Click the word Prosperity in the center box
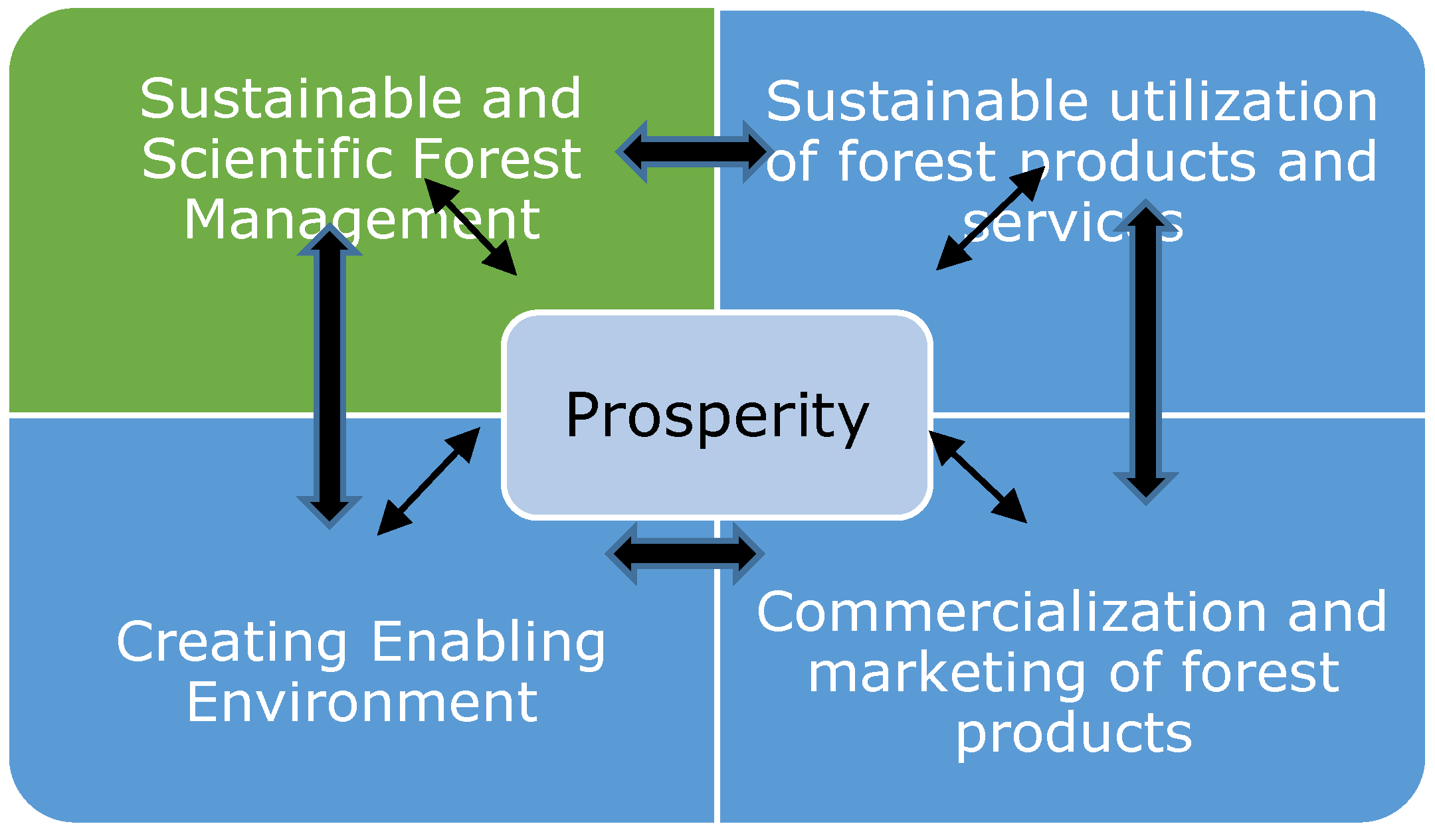click(x=717, y=416)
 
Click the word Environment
click(x=362, y=702)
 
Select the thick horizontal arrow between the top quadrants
click(x=694, y=151)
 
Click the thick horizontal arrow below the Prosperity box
click(x=685, y=553)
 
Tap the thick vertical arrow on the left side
click(x=330, y=376)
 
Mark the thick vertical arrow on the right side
click(x=1146, y=352)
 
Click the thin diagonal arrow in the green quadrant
click(x=470, y=226)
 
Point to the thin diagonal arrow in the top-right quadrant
click(x=991, y=218)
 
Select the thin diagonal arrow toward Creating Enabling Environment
click(x=429, y=481)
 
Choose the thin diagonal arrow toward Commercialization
click(x=978, y=477)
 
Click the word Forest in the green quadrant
click(x=497, y=159)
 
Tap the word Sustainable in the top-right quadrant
click(x=927, y=102)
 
